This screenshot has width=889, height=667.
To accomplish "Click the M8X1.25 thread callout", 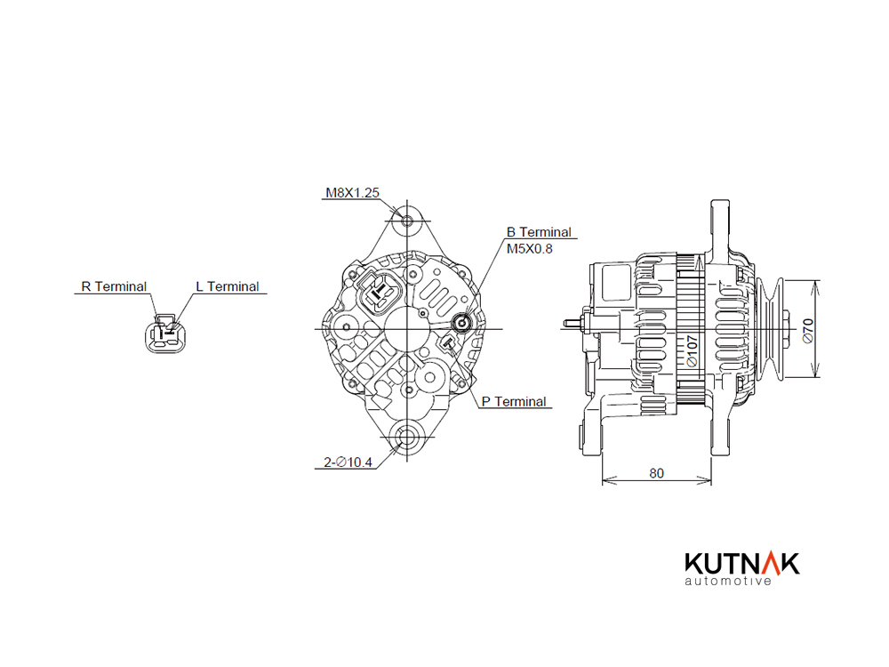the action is point(352,193).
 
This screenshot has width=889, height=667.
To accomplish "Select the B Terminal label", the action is point(539,232).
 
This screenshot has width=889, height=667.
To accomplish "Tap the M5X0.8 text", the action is point(529,248).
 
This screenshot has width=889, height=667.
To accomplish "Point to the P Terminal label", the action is point(514,402).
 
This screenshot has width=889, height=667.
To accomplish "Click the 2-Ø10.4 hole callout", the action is point(348,462).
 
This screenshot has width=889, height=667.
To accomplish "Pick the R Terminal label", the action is point(114,286).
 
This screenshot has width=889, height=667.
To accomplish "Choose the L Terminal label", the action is point(228,286).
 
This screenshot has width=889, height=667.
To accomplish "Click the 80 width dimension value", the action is point(657,473).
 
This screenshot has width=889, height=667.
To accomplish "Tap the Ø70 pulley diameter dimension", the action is point(808,330).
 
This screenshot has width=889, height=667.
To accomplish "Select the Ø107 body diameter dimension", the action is point(692,350).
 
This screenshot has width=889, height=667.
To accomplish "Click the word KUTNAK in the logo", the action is point(742,564).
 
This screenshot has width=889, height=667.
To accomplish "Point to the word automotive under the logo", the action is point(728,581).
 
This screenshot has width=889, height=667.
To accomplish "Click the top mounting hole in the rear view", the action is point(407,221).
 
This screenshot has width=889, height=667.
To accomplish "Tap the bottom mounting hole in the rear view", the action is point(407,437).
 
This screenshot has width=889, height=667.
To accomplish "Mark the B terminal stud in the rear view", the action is point(462,324).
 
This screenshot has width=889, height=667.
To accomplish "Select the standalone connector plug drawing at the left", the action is point(165,333).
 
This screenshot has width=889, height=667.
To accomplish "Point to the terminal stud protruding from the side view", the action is point(576,324).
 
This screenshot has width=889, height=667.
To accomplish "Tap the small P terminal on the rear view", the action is point(449,342).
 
